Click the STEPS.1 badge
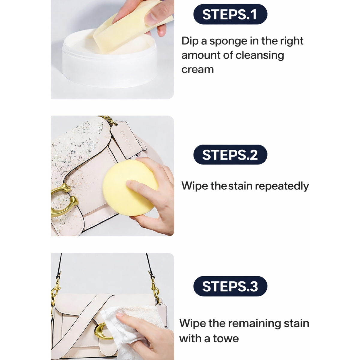click(230, 14)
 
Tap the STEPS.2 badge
click(230, 155)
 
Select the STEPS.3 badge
click(230, 286)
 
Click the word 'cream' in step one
click(197, 70)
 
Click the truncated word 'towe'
click(226, 338)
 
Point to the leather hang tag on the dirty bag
click(126, 139)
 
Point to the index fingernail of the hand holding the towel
click(120, 315)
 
